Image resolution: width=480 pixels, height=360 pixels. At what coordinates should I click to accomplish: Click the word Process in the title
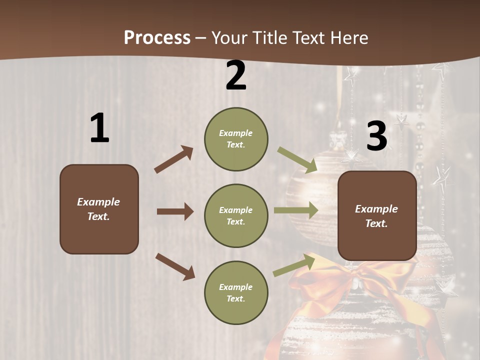pyautogui.click(x=157, y=37)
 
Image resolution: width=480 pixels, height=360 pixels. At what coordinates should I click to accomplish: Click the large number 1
pyautogui.click(x=99, y=128)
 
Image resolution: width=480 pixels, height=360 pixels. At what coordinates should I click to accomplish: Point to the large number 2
pyautogui.click(x=236, y=76)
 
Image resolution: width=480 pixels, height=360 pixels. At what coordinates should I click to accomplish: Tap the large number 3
pyautogui.click(x=376, y=136)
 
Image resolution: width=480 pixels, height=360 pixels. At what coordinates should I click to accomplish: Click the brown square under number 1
pyautogui.click(x=99, y=209)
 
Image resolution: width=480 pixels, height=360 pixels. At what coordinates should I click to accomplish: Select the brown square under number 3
pyautogui.click(x=377, y=216)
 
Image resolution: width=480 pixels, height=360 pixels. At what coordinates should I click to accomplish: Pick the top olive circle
pyautogui.click(x=236, y=139)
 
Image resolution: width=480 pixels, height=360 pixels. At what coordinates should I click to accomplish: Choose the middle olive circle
pyautogui.click(x=236, y=215)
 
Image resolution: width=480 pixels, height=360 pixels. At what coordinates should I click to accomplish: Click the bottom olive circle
pyautogui.click(x=236, y=292)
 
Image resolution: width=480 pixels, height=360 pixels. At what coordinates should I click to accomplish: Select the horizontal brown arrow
pyautogui.click(x=175, y=211)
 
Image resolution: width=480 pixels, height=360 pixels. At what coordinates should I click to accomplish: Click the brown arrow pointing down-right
pyautogui.click(x=175, y=266)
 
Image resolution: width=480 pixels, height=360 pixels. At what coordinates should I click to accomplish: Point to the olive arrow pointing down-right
pyautogui.click(x=297, y=159)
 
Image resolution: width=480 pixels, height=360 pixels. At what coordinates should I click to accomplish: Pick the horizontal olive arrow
pyautogui.click(x=296, y=210)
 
